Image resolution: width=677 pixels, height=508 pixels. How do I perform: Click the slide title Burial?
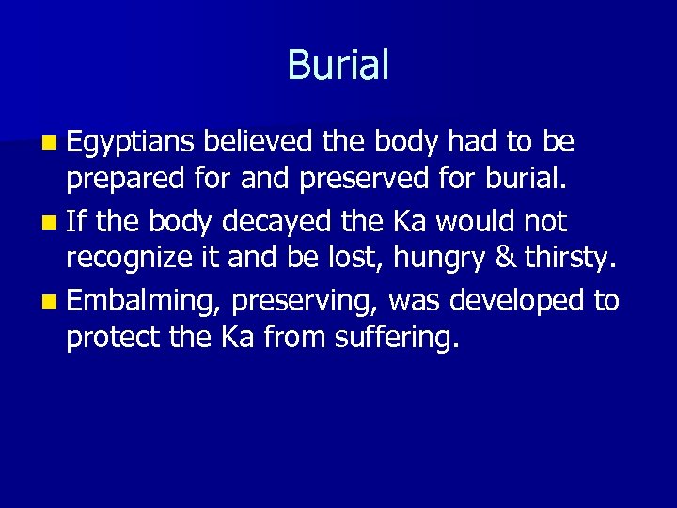pyautogui.click(x=338, y=65)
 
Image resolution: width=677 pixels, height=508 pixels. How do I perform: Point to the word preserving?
pyautogui.click(x=304, y=301)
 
